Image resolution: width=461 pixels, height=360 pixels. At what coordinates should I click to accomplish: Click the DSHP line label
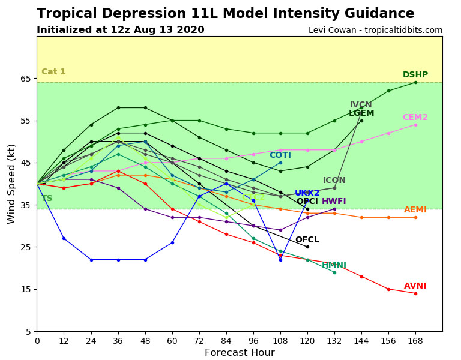tap(415, 75)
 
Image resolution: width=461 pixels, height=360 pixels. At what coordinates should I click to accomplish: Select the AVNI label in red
tap(415, 286)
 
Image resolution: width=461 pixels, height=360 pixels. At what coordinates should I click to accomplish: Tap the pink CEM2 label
tap(415, 118)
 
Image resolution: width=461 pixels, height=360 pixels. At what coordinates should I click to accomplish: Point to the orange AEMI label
tap(415, 210)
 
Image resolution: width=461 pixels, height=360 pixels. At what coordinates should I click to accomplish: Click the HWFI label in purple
tap(334, 202)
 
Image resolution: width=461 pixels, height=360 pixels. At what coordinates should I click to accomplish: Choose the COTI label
tap(280, 155)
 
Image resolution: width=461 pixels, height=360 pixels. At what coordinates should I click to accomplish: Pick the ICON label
tap(334, 181)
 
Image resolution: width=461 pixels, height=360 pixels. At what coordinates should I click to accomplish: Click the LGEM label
tap(361, 113)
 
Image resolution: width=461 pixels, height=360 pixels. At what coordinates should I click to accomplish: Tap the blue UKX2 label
tap(307, 193)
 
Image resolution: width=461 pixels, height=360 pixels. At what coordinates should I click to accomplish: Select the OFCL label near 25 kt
tap(307, 240)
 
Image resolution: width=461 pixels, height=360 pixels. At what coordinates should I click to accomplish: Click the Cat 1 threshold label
tap(53, 72)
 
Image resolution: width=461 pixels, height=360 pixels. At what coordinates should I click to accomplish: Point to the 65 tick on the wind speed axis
tap(25, 79)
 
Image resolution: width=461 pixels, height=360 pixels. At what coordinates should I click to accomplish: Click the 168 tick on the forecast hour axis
tap(415, 340)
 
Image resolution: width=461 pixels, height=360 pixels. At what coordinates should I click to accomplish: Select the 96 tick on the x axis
tap(253, 340)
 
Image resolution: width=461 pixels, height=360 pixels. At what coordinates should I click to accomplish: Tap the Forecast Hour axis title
tap(240, 353)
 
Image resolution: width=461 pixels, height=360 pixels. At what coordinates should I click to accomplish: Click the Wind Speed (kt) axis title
tap(12, 184)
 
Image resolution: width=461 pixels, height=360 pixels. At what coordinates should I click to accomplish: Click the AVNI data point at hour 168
tap(415, 293)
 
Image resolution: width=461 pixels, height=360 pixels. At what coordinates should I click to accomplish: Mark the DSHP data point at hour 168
tap(415, 82)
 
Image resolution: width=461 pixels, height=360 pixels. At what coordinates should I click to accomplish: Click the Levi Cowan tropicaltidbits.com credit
tap(375, 31)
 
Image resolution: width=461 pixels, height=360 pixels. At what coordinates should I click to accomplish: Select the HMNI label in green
tap(334, 265)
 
